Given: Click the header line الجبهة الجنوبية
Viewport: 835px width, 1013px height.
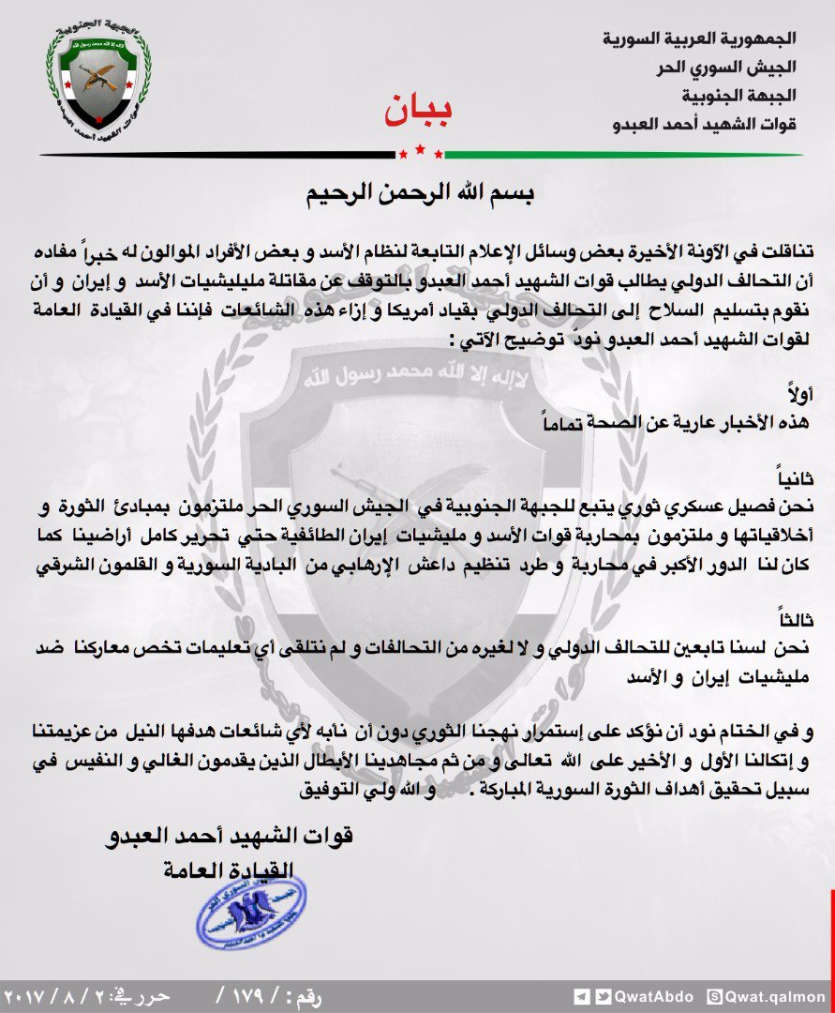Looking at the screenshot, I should pyautogui.click(x=739, y=96).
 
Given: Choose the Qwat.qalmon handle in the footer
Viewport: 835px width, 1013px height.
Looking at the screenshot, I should pyautogui.click(x=779, y=997).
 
